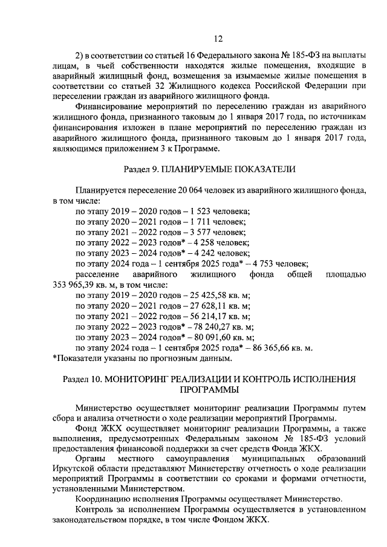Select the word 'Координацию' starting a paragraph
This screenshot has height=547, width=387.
point(103,499)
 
